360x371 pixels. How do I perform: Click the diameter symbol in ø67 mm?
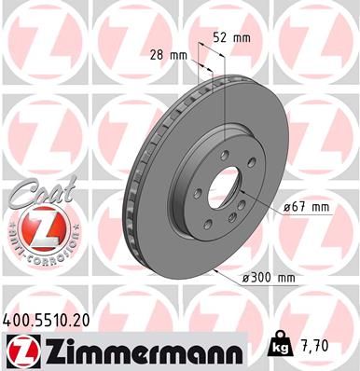click(284, 208)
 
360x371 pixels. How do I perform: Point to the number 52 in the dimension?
click(220, 38)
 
